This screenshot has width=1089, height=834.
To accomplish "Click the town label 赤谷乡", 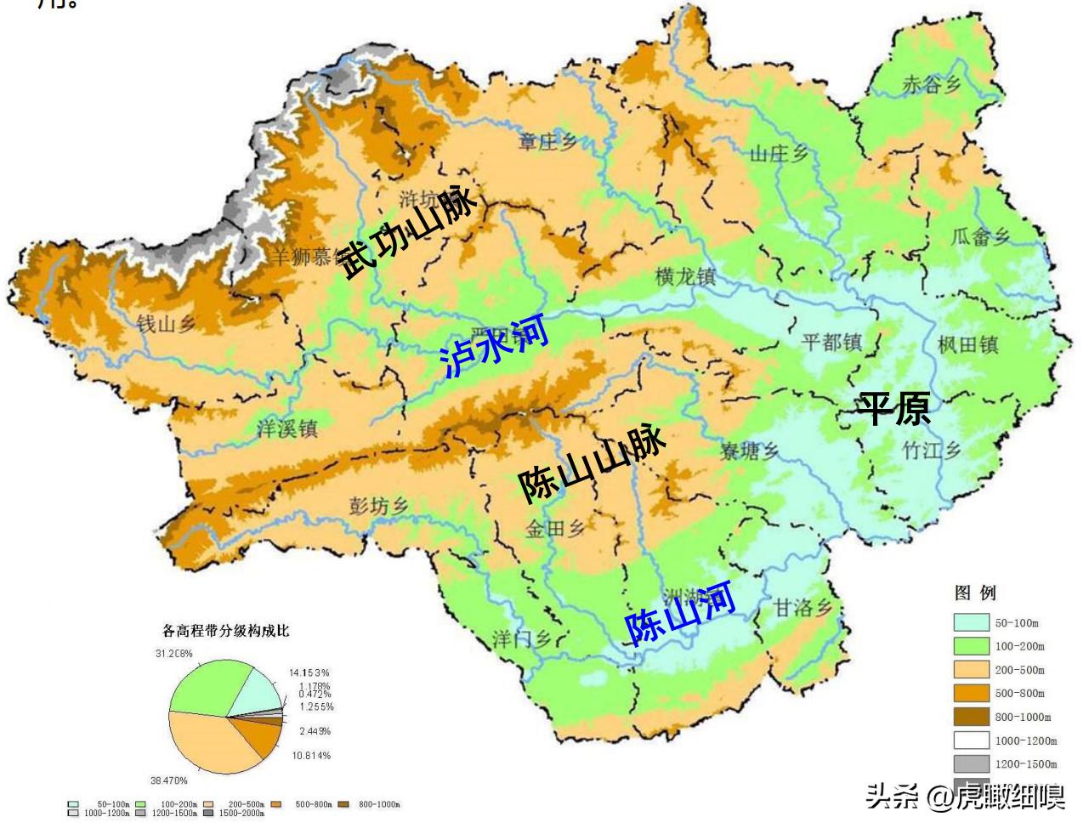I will click(932, 84).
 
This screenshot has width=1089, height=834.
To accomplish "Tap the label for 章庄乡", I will click(547, 142).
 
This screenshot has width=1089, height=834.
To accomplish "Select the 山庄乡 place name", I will click(779, 154).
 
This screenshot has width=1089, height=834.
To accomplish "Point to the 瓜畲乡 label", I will click(980, 236).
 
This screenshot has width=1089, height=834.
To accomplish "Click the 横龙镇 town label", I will click(685, 277).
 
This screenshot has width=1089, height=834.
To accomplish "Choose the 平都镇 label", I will click(831, 343).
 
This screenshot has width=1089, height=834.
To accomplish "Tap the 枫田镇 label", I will click(967, 344).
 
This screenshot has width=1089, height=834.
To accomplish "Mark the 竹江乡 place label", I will click(931, 450).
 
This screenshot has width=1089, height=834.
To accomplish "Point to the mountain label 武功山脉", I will click(407, 231).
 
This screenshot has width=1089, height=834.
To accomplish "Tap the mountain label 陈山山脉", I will click(592, 463).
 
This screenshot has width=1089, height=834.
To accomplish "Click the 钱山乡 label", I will click(166, 323).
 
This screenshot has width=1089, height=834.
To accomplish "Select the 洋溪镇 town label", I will click(287, 428).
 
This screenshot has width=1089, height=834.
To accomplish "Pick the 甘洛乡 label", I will click(803, 608).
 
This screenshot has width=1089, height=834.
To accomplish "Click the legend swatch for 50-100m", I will click(971, 622).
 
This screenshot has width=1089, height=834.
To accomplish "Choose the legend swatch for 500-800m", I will click(971, 693).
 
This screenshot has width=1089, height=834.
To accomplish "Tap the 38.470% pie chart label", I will click(169, 780).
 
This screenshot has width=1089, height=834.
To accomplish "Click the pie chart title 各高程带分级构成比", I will click(226, 631).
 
